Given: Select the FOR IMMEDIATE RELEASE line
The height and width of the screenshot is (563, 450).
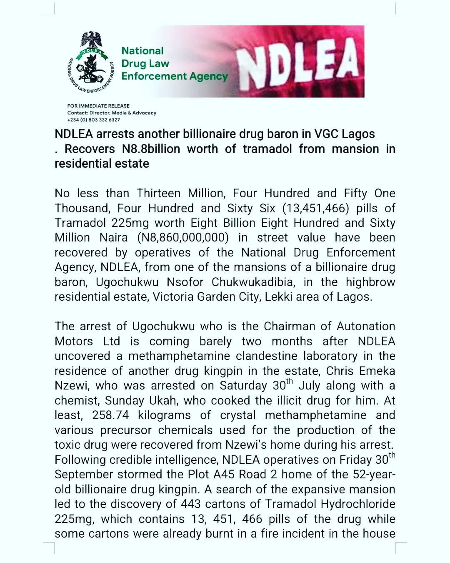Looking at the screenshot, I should coord(98,106).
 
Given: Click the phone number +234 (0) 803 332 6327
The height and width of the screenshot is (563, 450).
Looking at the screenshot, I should coord(93,120).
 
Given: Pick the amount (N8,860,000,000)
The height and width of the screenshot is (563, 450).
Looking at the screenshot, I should coord(183,238).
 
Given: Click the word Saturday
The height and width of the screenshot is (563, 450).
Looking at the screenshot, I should coord(245,386).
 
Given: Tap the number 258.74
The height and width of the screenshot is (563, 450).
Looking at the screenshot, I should coord(109,415).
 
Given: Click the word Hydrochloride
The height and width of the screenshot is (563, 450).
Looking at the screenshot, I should coord(358,504).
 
